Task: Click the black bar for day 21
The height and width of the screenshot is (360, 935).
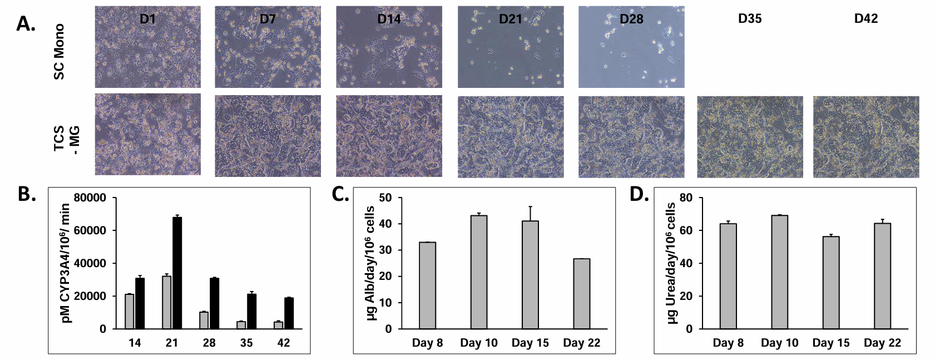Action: tap(177, 273)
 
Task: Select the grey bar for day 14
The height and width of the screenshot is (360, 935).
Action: tap(129, 312)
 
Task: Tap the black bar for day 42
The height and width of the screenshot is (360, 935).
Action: tap(289, 313)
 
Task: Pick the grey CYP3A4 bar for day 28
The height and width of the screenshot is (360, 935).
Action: tap(204, 320)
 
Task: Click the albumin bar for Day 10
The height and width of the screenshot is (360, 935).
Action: tap(479, 272)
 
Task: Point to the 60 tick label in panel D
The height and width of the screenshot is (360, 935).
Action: tap(686, 230)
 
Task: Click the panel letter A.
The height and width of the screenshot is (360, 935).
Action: tap(26, 23)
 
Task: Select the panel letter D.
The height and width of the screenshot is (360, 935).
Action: tap(639, 194)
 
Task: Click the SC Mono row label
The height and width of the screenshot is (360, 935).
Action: tap(59, 51)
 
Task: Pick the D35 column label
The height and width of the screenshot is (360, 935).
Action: tap(750, 19)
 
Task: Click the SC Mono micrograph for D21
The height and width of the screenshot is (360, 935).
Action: tap(511, 47)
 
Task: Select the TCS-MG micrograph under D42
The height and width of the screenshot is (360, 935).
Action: tap(865, 137)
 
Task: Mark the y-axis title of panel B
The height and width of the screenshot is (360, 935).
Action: tap(66, 263)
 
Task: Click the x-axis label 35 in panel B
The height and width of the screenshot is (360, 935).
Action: tap(246, 343)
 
